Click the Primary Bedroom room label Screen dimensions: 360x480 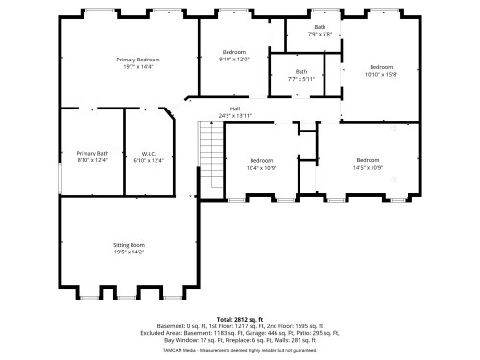tap(138, 60)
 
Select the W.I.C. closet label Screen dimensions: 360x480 tap(149, 153)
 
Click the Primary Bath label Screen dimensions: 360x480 tap(93, 153)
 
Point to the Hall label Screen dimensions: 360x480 tap(234, 108)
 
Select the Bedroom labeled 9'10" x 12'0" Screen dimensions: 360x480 tap(234, 52)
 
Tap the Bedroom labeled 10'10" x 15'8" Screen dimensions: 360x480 tap(381, 67)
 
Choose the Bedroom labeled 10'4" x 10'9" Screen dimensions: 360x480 tap(262, 160)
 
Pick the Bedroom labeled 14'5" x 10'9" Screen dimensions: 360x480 tap(368, 160)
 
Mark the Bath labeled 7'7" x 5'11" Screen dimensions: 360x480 tap(300, 72)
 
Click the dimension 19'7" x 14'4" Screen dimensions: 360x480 tap(138, 67)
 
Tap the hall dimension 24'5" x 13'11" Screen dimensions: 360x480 tap(234, 116)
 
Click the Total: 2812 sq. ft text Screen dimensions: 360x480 tap(239, 318)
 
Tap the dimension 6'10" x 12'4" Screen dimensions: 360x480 tap(149, 160)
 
